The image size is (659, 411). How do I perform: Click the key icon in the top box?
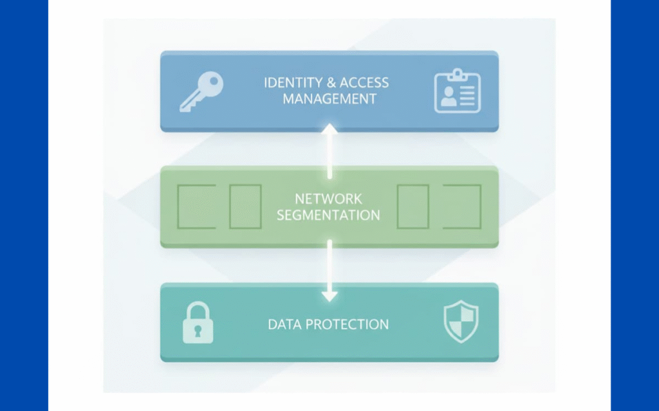click(x=201, y=91)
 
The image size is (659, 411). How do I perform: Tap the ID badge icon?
click(x=457, y=92)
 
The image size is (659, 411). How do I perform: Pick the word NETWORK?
click(x=328, y=199)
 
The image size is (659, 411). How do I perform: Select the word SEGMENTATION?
click(x=328, y=215)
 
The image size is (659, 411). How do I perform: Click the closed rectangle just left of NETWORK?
click(x=245, y=206)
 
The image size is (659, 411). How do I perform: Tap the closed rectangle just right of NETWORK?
click(x=413, y=206)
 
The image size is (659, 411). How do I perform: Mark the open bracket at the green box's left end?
click(x=196, y=206)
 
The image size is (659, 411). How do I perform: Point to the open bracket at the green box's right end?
click(x=462, y=206)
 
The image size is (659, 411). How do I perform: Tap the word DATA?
click(x=284, y=324)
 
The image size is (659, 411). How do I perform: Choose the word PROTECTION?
click(x=348, y=324)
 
